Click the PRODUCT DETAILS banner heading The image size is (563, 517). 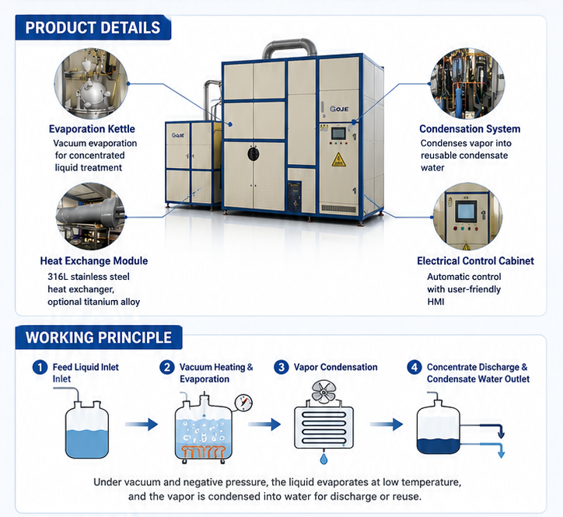pos(93,28)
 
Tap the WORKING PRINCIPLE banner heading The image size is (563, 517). pos(99,337)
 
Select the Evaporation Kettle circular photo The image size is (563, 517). pos(91,84)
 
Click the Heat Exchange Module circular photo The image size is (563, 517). pos(90,216)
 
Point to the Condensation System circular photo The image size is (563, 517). pos(467,84)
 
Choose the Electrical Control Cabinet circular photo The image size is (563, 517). pos(467,216)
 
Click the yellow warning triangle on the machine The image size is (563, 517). pos(338,159)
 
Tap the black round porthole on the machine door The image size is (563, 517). pos(254,154)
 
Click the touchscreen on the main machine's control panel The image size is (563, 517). pos(338,134)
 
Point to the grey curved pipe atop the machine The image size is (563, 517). pos(289,45)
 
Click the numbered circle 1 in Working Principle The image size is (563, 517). pos(40,367)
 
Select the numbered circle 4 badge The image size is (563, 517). pos(414,367)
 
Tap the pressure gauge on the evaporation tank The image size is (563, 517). pos(243,403)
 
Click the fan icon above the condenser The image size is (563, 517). pos(323,392)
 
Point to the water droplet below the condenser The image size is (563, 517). pos(323,459)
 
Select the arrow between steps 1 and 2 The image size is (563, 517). pos(142,424)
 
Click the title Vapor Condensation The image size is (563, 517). pos(335,367)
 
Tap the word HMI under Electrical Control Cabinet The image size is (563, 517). pos(435,302)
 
